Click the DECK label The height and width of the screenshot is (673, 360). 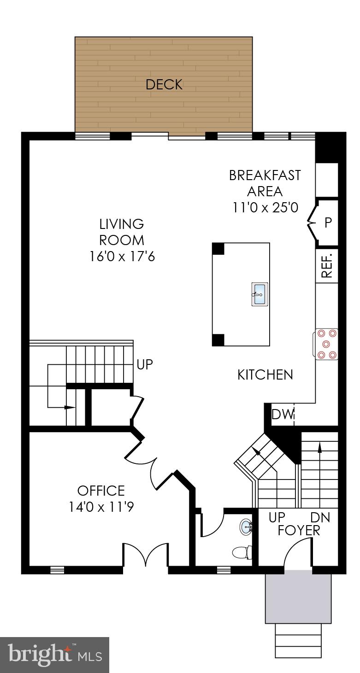pyautogui.click(x=164, y=85)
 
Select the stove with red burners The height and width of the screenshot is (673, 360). pyautogui.click(x=327, y=344)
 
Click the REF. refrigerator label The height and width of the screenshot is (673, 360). pyautogui.click(x=327, y=266)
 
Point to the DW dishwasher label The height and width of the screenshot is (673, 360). pyautogui.click(x=283, y=415)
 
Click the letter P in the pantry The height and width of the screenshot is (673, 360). pyautogui.click(x=328, y=223)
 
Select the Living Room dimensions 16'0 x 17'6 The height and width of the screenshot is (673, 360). pyautogui.click(x=122, y=256)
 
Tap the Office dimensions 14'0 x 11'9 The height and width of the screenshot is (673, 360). pyautogui.click(x=101, y=507)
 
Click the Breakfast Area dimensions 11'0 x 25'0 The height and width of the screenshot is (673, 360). pyautogui.click(x=265, y=207)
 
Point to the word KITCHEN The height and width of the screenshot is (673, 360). pyautogui.click(x=265, y=375)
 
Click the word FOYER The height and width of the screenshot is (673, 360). pyautogui.click(x=299, y=531)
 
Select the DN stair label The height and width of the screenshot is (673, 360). pyautogui.click(x=320, y=518)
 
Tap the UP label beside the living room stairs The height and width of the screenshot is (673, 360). pyautogui.click(x=145, y=365)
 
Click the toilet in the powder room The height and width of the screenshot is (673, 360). pyautogui.click(x=242, y=551)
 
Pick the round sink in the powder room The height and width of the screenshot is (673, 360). pyautogui.click(x=246, y=527)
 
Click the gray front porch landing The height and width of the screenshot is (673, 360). pyautogui.click(x=298, y=597)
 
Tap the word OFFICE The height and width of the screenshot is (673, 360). pyautogui.click(x=101, y=491)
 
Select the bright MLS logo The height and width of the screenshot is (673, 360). pyautogui.click(x=54, y=655)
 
